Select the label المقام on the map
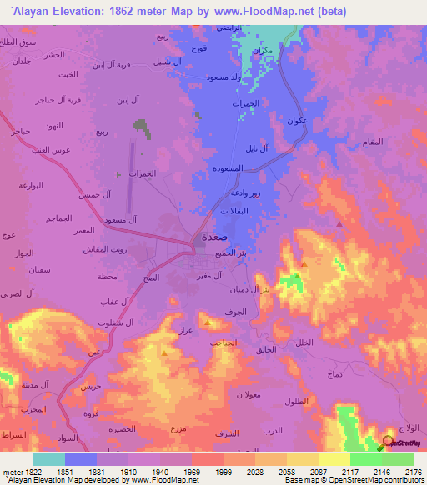point(373,142)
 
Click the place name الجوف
point(235,312)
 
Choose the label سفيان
point(23,270)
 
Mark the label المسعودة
point(229,167)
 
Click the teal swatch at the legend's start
point(48,459)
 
